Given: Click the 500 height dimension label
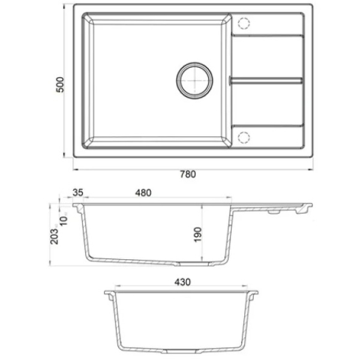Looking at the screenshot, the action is [x=60, y=85].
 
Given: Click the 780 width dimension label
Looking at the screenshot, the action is [x=188, y=174].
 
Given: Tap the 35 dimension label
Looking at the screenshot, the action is [x=78, y=193].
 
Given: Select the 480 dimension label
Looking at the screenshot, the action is [x=143, y=193].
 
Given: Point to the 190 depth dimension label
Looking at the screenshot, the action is [x=197, y=235].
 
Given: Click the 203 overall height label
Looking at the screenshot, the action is [x=55, y=236].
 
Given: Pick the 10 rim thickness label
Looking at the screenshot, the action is [x=64, y=220].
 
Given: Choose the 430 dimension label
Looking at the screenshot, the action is [x=182, y=282].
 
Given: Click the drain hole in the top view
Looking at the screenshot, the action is [x=194, y=80].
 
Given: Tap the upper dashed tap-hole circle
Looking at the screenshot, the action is [x=244, y=23].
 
